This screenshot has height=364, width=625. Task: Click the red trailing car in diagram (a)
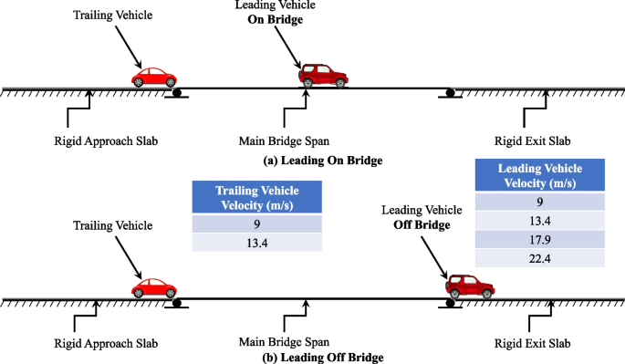tap(156, 77)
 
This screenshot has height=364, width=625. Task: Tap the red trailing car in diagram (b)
tap(154, 287)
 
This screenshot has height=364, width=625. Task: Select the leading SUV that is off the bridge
tap(470, 286)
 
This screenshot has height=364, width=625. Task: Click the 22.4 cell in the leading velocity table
tap(539, 258)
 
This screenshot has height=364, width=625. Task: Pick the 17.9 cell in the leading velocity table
tap(539, 239)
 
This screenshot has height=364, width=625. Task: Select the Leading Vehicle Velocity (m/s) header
tap(539, 176)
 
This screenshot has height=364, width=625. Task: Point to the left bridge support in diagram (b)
tap(177, 303)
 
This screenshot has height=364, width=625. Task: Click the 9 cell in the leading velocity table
tap(539, 203)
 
